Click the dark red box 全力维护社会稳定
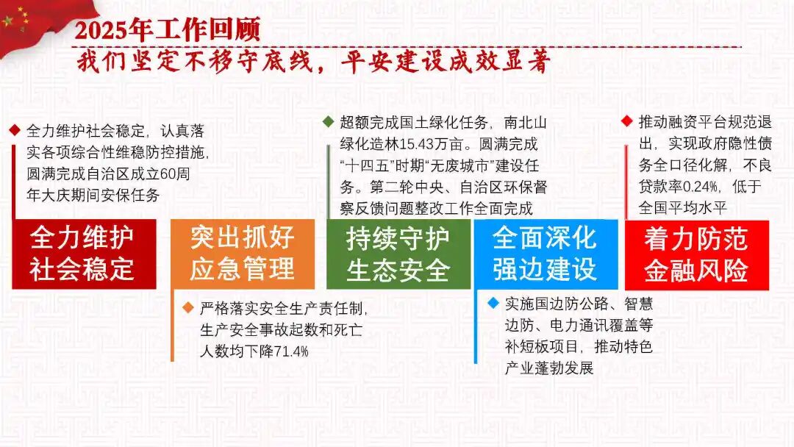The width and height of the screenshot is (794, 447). tap(84, 254)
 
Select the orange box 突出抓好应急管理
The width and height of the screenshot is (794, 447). tap(243, 254)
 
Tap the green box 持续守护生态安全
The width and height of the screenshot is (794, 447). tap(398, 254)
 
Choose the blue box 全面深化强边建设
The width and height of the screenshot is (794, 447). tap(546, 254)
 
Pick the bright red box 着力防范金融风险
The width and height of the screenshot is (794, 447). tap(697, 255)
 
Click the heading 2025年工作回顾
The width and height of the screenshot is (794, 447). tap(168, 29)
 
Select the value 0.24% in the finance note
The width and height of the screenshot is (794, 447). tap(701, 187)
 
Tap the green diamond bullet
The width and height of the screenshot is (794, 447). tap(328, 121)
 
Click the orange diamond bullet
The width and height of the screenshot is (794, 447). tap(188, 307)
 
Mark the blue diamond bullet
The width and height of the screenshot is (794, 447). tap(493, 303)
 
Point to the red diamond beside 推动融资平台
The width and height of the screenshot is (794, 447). tap(627, 121)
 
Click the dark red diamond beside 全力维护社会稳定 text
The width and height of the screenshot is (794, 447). tap(15, 131)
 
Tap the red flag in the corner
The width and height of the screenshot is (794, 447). tap(46, 25)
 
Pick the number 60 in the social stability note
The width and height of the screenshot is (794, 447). tap(168, 174)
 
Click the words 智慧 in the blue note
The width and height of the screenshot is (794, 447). tap(639, 304)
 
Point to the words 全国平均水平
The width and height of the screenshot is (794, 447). tap(682, 207)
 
